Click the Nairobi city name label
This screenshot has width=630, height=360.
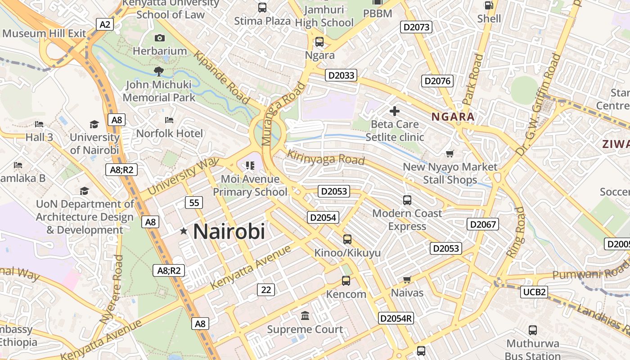coord(229,232)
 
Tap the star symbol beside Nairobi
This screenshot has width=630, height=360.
coord(184,231)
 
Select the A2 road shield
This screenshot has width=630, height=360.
coord(105,24)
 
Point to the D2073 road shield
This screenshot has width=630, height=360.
coord(416,27)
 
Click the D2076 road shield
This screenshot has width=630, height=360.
coord(437,81)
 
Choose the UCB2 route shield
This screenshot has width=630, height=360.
coord(535,292)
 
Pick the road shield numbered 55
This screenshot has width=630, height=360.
coord(194,202)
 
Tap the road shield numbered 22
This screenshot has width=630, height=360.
coord(266,290)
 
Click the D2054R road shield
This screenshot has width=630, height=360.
coord(396,318)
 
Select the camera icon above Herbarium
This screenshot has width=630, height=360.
coord(159,38)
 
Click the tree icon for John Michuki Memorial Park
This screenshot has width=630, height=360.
coord(158,71)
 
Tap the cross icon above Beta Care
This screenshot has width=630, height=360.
coord(395,111)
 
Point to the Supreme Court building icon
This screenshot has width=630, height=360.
coord(305,316)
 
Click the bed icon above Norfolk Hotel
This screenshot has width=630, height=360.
coord(169,120)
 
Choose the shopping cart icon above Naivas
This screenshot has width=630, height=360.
coord(407,280)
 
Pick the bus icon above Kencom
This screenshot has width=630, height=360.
coord(346,281)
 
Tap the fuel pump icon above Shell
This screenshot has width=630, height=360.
coord(489,5)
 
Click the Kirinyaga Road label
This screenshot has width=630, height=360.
coord(325,157)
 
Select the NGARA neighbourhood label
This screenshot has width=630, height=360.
coord(453,117)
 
